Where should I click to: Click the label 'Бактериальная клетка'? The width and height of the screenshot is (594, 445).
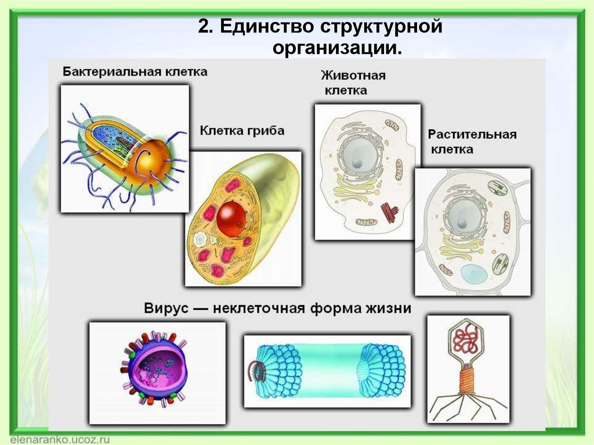[x=135, y=73]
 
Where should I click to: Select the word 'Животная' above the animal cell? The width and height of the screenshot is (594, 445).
[x=353, y=76]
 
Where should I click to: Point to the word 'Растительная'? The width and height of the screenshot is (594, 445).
[x=472, y=135]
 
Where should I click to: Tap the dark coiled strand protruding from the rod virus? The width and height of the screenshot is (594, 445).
[x=254, y=371]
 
